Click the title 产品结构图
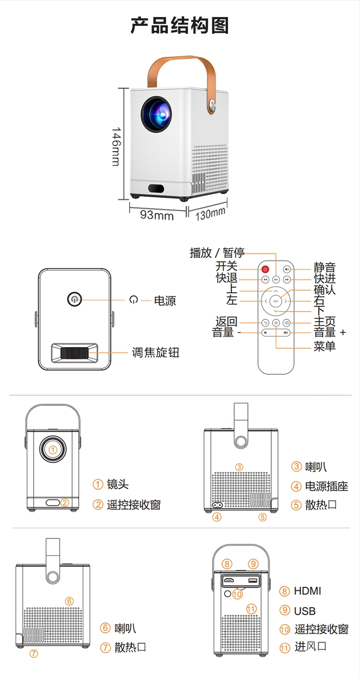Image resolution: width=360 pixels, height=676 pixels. coord(180,25)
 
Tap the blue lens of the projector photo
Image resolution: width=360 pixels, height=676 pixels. coord(157,114)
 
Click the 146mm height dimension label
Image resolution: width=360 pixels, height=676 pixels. coord(116,146)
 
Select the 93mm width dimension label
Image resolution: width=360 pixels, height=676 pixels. coord(156,215)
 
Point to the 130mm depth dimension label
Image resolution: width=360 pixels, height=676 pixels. coord(210,214)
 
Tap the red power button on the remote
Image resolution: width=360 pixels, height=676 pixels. coord(265,269)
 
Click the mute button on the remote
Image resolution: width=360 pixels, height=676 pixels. coord(287,269)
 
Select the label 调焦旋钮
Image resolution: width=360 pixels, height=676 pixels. coord(156,352)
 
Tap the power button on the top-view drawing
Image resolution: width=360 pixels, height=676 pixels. coord(74,299)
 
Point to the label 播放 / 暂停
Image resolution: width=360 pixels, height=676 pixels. coord(217,253)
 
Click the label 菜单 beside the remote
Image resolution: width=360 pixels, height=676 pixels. coord(324,346)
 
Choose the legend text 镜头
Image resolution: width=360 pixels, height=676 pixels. coord(118,484)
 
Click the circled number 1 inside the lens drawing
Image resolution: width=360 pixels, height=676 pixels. coord(53,450)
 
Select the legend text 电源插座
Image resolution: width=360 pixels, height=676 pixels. coord(326,486)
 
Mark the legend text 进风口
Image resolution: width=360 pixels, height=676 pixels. coord(311,646)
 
